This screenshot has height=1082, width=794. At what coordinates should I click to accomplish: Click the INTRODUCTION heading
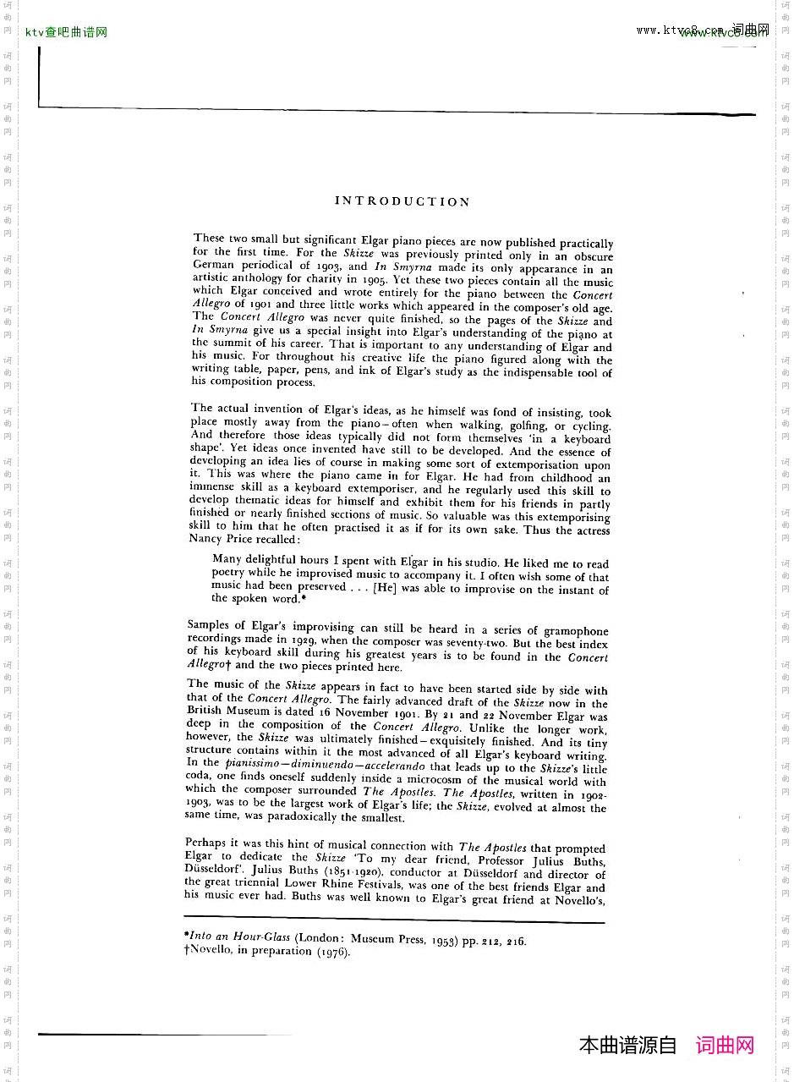[402, 201]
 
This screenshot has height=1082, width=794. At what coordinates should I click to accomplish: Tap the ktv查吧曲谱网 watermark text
[67, 33]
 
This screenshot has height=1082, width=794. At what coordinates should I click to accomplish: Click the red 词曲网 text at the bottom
[725, 1046]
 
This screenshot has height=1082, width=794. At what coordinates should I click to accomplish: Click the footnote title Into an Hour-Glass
[239, 936]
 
